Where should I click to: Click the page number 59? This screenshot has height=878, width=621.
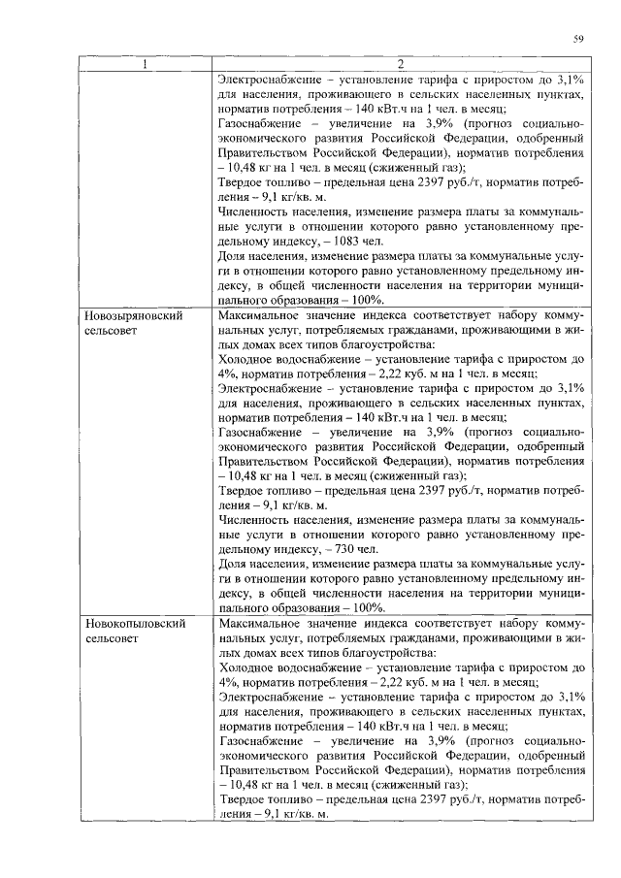pyautogui.click(x=578, y=39)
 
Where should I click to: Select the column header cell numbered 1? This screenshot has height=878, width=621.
pyautogui.click(x=146, y=65)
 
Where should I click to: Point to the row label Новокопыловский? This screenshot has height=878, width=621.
pyautogui.click(x=135, y=625)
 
